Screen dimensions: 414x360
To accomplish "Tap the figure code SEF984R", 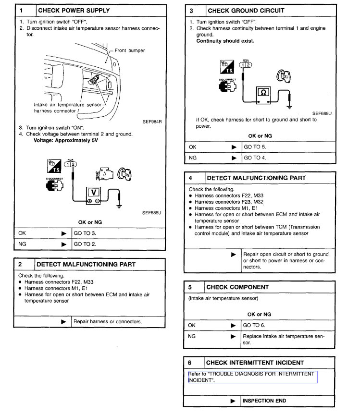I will tap(151, 122).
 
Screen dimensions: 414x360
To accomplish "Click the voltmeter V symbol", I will tap(94, 193).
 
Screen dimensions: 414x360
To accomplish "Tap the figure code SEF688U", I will tap(151, 212).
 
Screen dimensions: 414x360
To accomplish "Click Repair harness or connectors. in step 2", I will tap(108, 321).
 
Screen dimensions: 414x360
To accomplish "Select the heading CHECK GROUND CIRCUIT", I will tap(245, 10).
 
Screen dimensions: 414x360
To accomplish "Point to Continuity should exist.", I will tap(225, 41).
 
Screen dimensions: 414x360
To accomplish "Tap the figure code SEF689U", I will tap(322, 113).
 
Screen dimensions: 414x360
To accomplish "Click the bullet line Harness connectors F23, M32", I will tap(225, 202).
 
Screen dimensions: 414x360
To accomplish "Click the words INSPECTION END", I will tap(264, 401).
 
